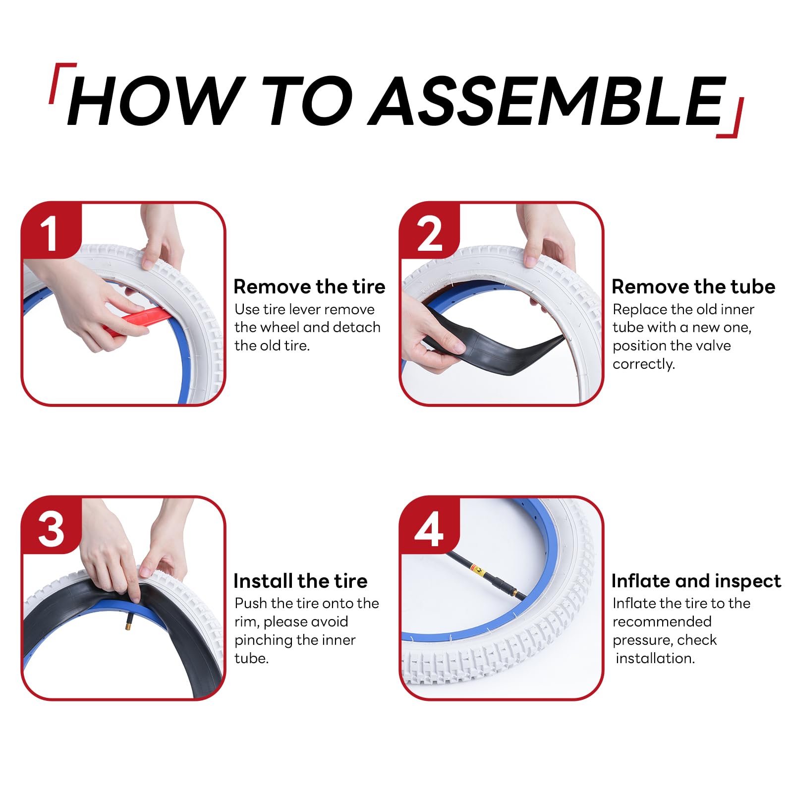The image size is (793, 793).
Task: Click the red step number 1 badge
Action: click(51, 231)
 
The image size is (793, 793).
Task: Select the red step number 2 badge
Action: click(429, 231)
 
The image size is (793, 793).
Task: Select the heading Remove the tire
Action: click(309, 287)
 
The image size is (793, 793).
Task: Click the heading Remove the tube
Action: click(693, 287)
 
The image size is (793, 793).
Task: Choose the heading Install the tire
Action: click(300, 581)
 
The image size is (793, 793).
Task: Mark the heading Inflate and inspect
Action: click(696, 581)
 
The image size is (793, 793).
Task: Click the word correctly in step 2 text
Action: click(643, 364)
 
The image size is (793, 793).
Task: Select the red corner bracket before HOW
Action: click(61, 82)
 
